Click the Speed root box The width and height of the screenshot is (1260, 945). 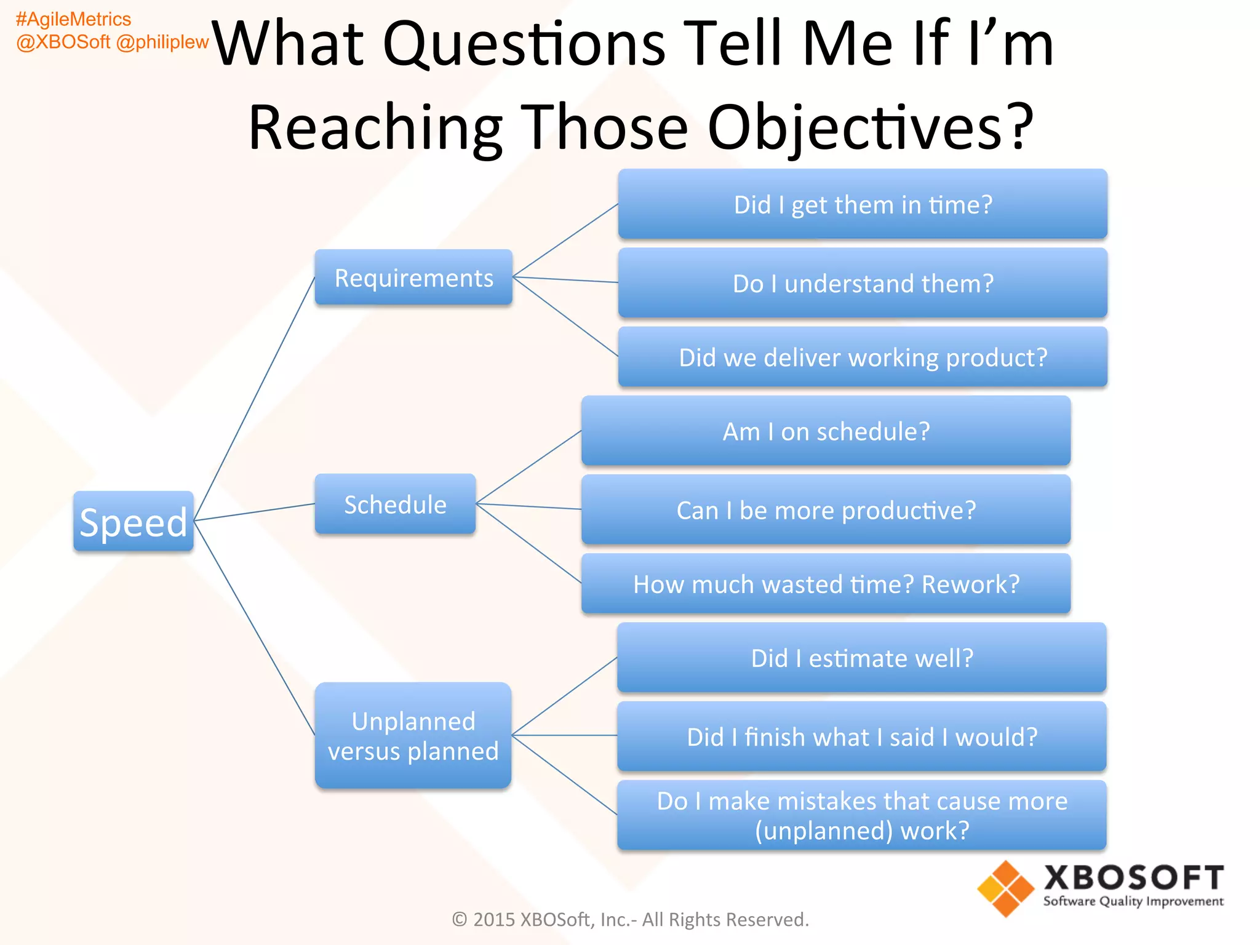[x=133, y=521]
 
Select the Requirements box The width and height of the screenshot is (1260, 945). [x=413, y=277]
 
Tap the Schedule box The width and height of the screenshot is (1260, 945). [x=395, y=504]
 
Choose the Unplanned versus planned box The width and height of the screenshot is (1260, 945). [x=413, y=735]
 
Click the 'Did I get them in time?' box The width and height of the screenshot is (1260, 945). [x=863, y=204]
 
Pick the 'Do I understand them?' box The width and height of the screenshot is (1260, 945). [x=863, y=283]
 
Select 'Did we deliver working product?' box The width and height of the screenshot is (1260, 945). [x=863, y=357]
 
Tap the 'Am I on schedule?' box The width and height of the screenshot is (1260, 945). [x=826, y=431]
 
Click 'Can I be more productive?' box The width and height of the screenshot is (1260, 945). [x=826, y=510]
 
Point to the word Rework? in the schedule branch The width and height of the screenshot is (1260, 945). [x=970, y=584]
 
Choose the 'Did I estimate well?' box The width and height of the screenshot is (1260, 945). [x=861, y=658]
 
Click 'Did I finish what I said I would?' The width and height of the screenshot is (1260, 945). [x=861, y=736]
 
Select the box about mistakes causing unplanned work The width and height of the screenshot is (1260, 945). [x=861, y=815]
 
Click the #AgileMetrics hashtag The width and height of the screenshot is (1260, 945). [x=73, y=19]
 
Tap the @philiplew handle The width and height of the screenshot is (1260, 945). [x=162, y=42]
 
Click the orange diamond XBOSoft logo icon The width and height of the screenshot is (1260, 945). [x=1005, y=888]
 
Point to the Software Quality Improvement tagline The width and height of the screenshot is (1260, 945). [x=1133, y=901]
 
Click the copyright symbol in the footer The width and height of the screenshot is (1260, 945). [x=460, y=919]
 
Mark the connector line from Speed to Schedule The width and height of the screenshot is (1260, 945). [x=254, y=512]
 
